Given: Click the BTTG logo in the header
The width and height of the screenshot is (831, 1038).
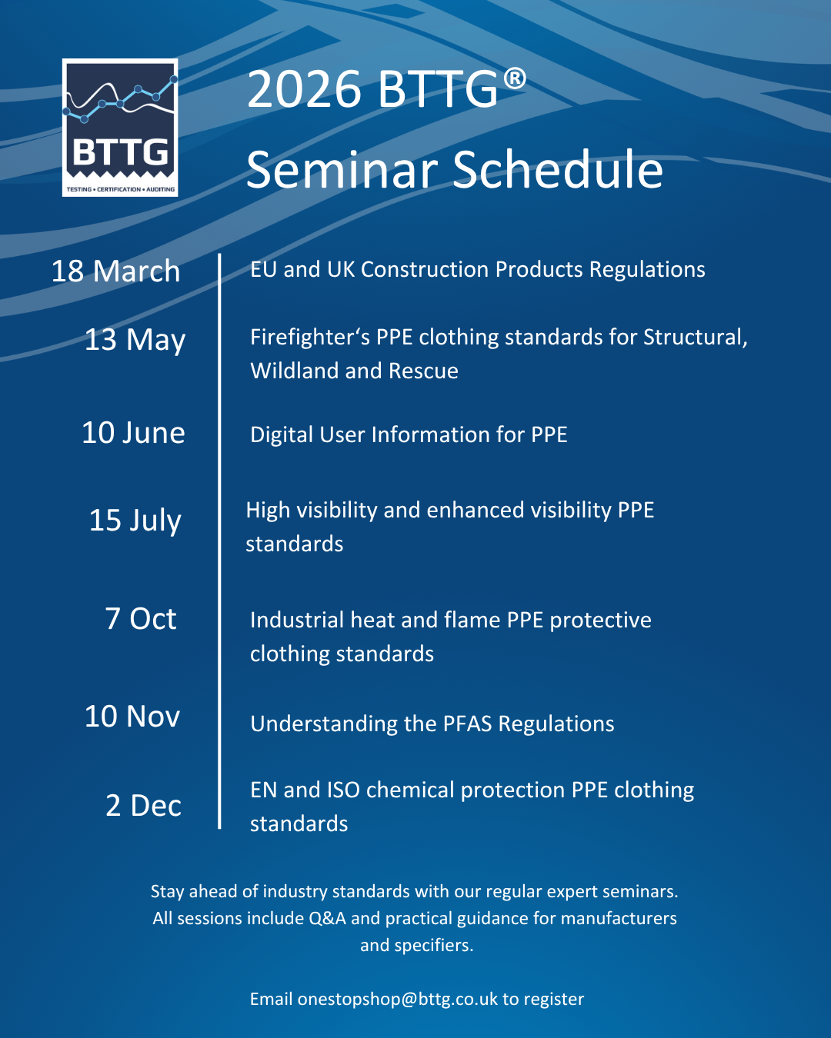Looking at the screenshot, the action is click(120, 128).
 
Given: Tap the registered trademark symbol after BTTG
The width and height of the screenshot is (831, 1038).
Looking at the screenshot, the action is click(515, 80).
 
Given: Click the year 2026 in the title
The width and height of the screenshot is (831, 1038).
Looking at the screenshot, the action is click(304, 89).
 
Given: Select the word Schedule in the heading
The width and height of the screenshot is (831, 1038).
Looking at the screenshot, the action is click(557, 170).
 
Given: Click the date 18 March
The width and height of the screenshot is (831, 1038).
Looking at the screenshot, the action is click(116, 271).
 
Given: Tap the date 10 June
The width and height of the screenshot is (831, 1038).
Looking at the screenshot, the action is click(133, 433).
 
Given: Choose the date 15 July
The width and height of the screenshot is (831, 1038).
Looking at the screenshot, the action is click(135, 521).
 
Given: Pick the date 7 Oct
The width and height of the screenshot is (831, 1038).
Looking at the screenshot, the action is click(141, 618).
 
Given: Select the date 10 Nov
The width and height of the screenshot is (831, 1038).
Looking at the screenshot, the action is click(132, 716).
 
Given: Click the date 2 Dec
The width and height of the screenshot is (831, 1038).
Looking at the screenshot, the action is click(143, 806).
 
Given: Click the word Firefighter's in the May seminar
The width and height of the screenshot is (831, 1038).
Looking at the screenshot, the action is click(310, 337).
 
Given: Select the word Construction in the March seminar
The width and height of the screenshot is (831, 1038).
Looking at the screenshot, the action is click(425, 270).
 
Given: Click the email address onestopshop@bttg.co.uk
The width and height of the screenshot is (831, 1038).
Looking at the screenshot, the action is click(397, 999).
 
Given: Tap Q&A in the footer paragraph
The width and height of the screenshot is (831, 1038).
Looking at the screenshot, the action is click(327, 918).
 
